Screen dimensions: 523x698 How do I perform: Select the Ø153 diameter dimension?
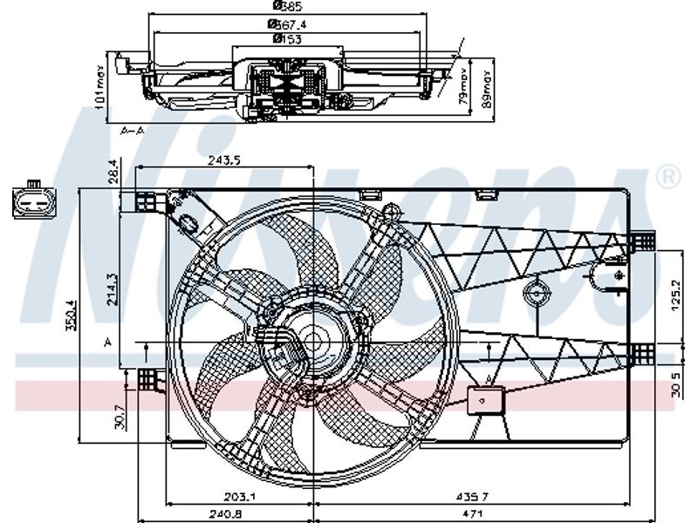(x=287, y=38)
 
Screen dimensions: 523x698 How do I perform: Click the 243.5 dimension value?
(x=225, y=160)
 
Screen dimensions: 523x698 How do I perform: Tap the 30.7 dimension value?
(x=121, y=413)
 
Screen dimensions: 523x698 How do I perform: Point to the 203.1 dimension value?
(x=239, y=496)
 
